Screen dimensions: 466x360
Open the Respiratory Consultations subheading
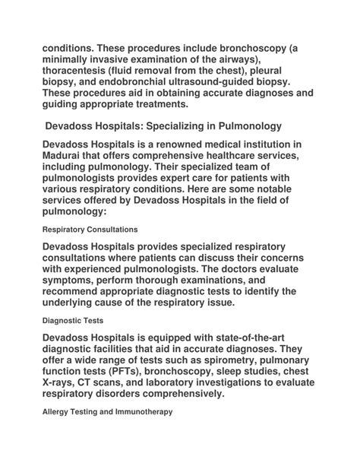[90, 228]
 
